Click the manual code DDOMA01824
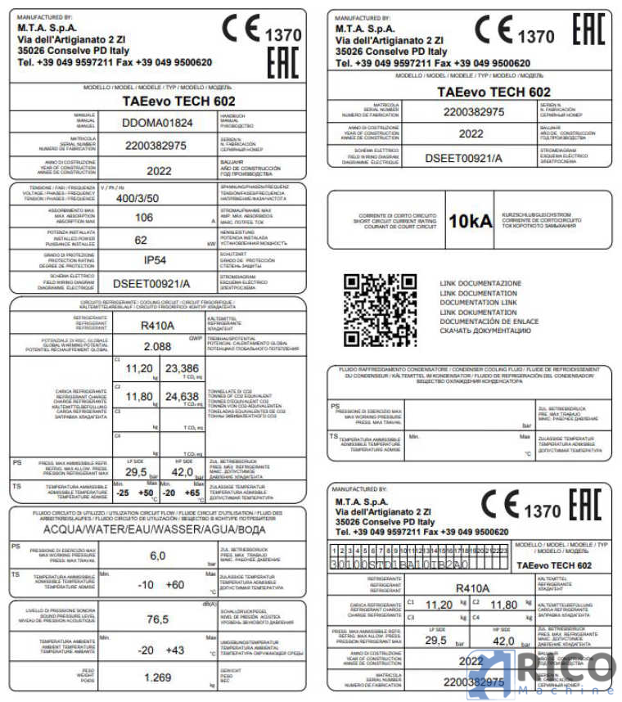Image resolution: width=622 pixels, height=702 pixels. tap(157, 123)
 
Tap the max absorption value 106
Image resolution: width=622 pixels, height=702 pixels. tap(144, 218)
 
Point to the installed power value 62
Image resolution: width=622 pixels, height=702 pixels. tap(142, 241)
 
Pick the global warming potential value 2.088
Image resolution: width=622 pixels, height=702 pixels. tap(156, 346)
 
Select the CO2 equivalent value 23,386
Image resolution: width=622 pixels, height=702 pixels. tap(182, 368)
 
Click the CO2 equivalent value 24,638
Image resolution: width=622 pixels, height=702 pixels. tap(182, 397)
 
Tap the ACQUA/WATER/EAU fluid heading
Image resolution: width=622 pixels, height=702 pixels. tap(156, 529)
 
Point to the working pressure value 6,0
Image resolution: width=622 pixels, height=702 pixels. tap(157, 556)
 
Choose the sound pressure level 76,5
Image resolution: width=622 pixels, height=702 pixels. tap(157, 619)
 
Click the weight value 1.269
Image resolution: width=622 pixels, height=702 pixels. tap(157, 677)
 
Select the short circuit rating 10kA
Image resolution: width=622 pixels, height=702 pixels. tap(471, 220)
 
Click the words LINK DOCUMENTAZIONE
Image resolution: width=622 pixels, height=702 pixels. tap(480, 283)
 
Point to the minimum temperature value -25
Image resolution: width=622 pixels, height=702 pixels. tap(122, 493)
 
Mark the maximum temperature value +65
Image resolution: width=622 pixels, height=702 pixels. tap(193, 493)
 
